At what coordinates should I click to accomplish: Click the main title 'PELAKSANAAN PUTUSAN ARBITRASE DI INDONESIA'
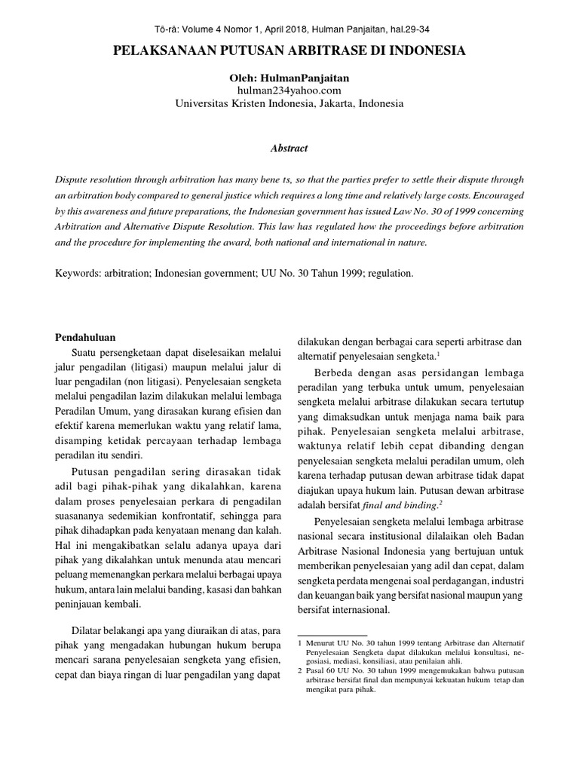click(x=289, y=52)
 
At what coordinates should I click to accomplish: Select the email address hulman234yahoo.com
click(x=289, y=90)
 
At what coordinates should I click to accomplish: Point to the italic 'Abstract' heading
click(x=289, y=149)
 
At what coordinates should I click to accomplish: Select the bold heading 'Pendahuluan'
click(x=87, y=337)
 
